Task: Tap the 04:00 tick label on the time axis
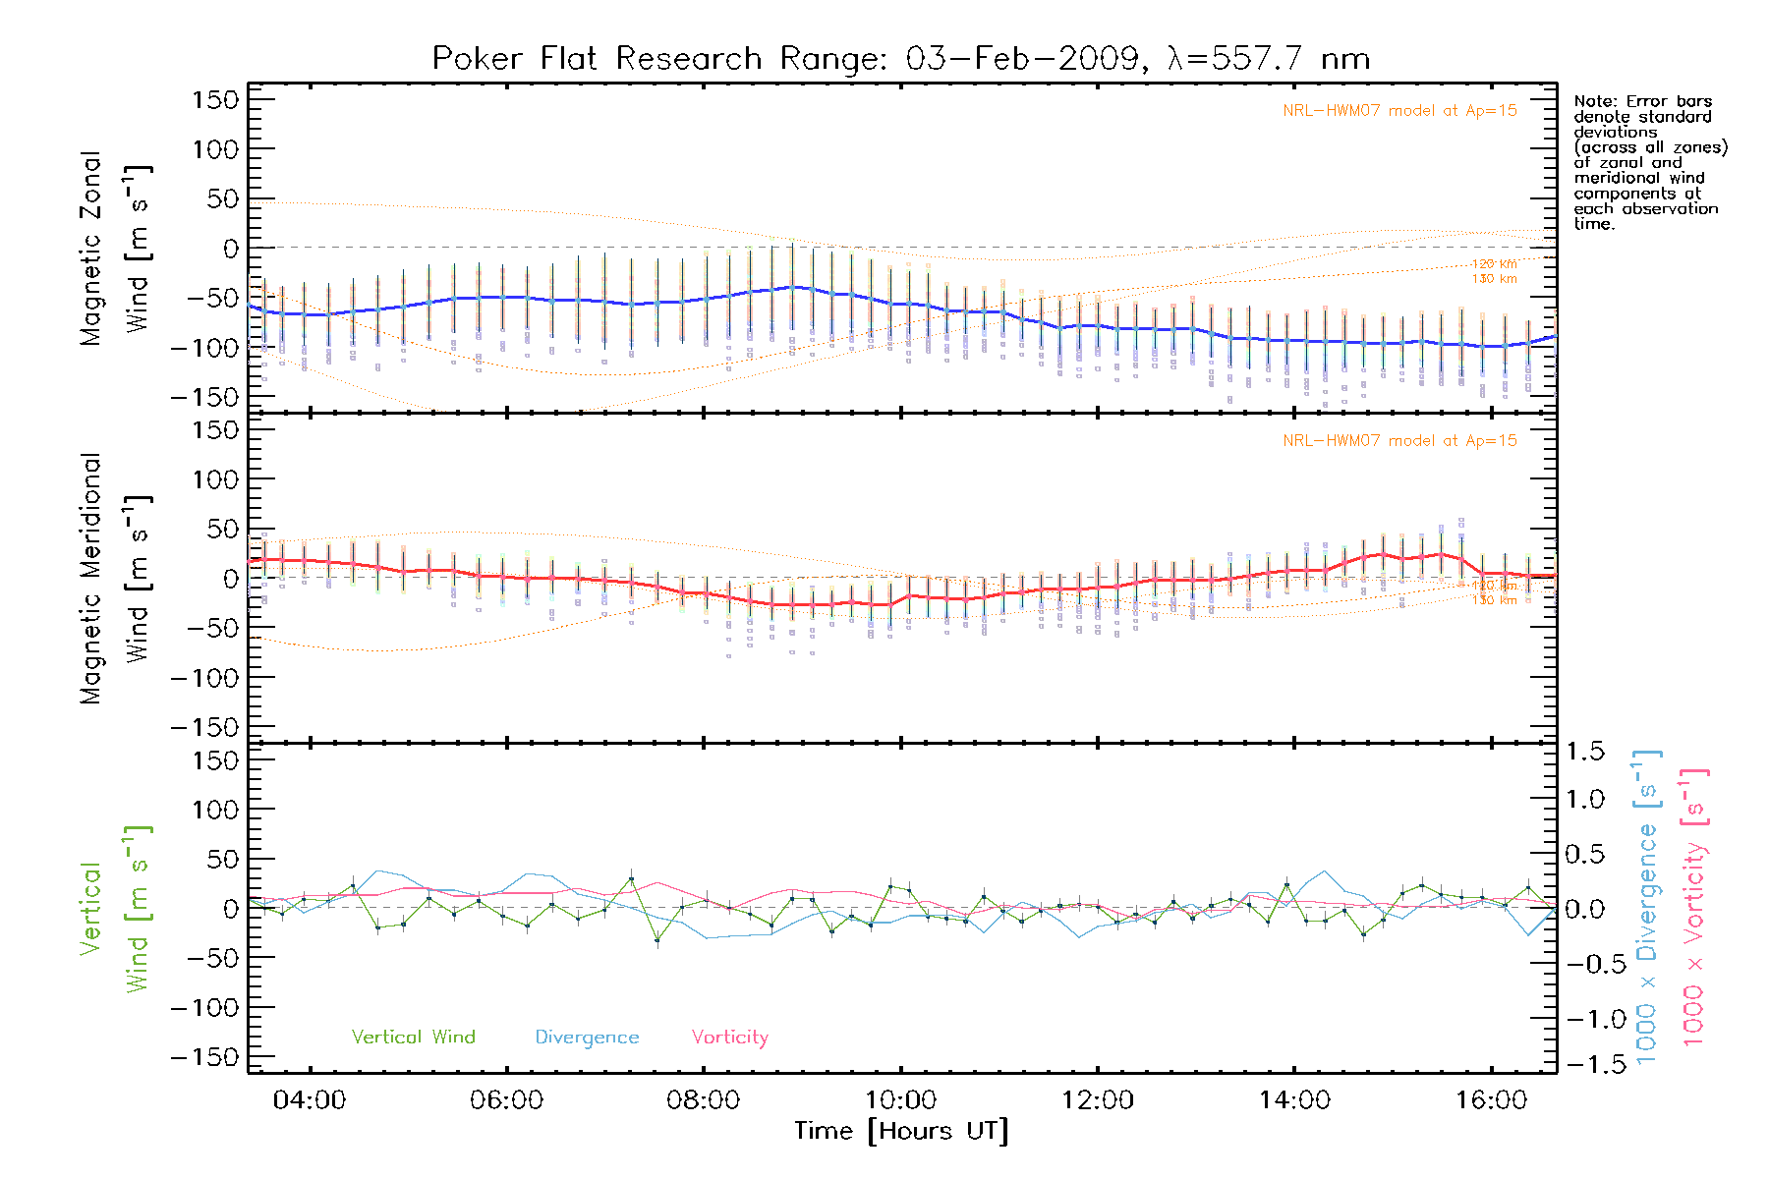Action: [x=310, y=1100]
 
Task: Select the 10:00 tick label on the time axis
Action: [x=900, y=1100]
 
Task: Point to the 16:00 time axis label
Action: [x=1491, y=1100]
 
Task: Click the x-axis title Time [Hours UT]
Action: [x=901, y=1132]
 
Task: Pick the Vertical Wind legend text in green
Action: [x=413, y=1038]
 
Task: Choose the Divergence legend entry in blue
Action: [x=587, y=1038]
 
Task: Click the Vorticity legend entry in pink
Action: [x=729, y=1038]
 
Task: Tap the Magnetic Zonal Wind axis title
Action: [x=116, y=249]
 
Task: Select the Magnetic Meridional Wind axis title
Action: [x=116, y=579]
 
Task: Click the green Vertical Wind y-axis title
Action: [x=116, y=909]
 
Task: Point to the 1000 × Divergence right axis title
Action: [x=1646, y=907]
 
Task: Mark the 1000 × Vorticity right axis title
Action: [x=1693, y=907]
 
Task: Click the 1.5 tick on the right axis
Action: [x=1584, y=752]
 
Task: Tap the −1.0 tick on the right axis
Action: [x=1584, y=1019]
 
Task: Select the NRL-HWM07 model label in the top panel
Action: [x=1399, y=111]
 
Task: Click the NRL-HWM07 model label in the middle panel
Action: [x=1399, y=441]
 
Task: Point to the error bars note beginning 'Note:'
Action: [x=1649, y=162]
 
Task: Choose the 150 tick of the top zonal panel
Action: [x=215, y=99]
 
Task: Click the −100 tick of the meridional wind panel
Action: [x=205, y=678]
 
